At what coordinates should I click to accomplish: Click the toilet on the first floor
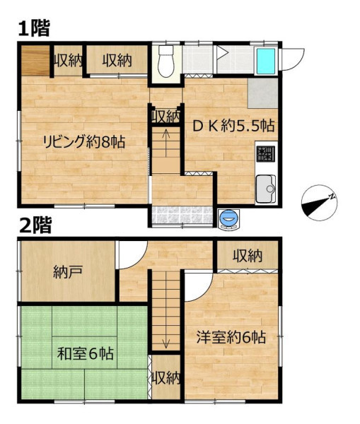point(166,61)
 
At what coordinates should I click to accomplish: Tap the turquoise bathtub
point(266,61)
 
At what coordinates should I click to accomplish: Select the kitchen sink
point(266,189)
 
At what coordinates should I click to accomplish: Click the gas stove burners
point(266,154)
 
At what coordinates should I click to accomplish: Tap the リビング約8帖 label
point(84,142)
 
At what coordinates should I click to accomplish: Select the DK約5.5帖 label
point(233,126)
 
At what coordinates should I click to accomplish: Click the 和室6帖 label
point(86,353)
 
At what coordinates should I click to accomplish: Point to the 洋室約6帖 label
point(231,337)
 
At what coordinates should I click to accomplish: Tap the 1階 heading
point(35,28)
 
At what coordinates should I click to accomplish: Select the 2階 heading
point(35,225)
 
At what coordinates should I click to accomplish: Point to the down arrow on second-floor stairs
point(166,334)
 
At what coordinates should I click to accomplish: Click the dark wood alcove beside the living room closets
point(35,61)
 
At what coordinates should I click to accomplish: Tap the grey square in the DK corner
point(263,93)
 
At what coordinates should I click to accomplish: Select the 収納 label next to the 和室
point(166,378)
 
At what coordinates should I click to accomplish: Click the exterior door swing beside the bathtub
point(293,59)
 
